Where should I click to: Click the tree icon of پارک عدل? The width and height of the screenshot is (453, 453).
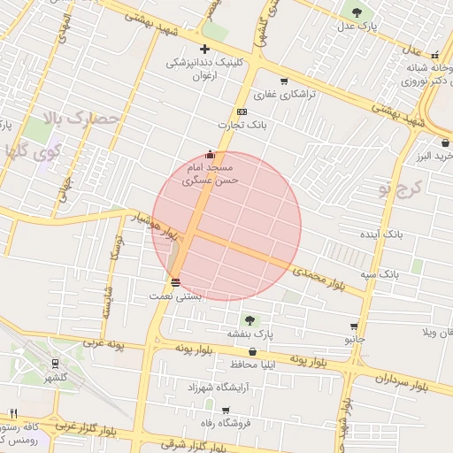click(x=357, y=12)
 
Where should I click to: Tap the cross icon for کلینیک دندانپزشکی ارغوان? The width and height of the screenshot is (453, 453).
click(x=205, y=49)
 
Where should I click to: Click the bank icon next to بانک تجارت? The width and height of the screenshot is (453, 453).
click(x=242, y=111)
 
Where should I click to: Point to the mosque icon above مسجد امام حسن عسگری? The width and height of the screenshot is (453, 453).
click(x=210, y=154)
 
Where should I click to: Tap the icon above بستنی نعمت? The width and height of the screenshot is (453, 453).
click(x=175, y=283)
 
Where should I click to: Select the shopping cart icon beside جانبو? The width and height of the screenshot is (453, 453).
click(x=355, y=326)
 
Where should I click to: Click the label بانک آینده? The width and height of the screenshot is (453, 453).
click(x=381, y=235)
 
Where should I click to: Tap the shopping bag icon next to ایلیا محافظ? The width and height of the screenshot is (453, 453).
click(x=264, y=351)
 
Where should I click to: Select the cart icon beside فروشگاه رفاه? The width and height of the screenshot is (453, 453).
click(x=225, y=410)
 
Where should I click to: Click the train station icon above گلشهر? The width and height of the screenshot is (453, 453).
click(x=56, y=362)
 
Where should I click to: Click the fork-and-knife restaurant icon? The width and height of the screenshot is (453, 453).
click(x=13, y=413)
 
